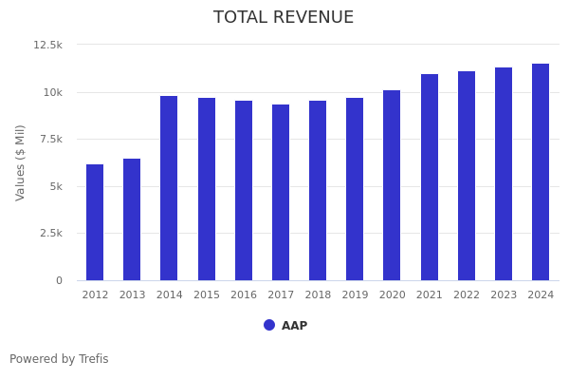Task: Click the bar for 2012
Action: tap(95, 222)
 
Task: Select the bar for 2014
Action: tap(169, 188)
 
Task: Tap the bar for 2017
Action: tap(281, 192)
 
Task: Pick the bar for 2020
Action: tap(392, 185)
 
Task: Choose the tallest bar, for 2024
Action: tap(541, 172)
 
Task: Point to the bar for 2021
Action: tap(430, 177)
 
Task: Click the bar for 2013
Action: tap(132, 219)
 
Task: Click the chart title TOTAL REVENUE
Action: tap(284, 18)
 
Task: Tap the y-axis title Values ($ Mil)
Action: tap(21, 162)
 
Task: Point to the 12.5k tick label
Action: tap(47, 45)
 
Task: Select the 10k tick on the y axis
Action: tap(52, 92)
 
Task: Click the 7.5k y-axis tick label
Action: tap(50, 139)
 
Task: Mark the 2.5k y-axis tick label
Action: tap(50, 233)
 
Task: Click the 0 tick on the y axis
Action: tap(59, 280)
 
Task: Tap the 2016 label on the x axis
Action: tap(244, 295)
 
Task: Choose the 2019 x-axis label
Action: tap(355, 295)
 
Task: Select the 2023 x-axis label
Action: tap(504, 295)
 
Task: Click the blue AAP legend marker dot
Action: tap(269, 325)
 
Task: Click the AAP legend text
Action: tap(294, 326)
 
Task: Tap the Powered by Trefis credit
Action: tap(59, 359)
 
